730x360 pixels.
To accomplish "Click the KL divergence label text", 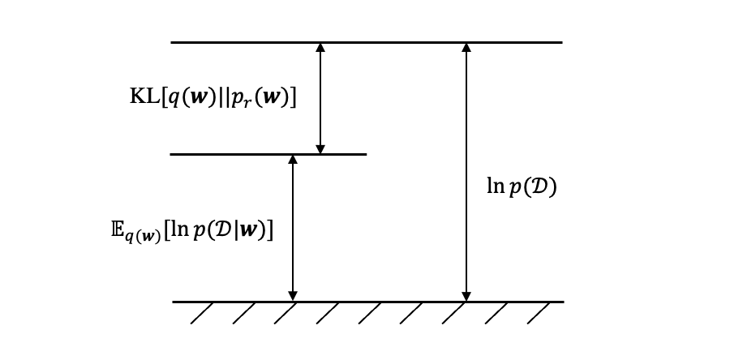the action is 213,97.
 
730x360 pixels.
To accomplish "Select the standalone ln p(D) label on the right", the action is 521,186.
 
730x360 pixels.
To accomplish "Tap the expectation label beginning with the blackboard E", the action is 192,230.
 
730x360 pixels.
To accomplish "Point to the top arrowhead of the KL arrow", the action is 320,48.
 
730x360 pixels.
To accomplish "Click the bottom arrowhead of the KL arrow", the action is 320,148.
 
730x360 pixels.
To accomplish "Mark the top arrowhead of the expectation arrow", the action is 293,160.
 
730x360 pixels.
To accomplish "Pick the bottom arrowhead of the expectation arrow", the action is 293,296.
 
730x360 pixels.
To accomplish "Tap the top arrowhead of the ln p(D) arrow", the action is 466,48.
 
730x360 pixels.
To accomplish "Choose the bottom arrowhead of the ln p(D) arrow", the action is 466,296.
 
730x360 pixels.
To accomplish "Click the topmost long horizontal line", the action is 243,42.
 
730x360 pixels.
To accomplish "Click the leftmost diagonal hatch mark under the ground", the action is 202,313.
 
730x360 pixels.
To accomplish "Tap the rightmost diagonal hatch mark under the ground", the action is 539,313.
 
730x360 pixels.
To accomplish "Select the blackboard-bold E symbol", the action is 118,229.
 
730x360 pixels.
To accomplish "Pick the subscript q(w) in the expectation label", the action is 143,237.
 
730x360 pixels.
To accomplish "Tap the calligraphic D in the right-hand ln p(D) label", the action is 539,187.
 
